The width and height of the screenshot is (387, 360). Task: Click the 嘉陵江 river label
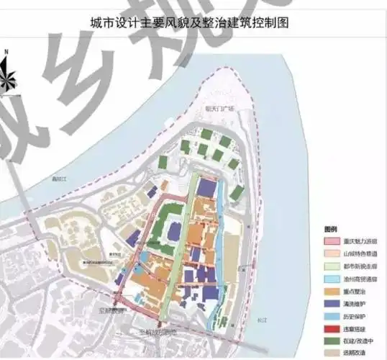[51, 179]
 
